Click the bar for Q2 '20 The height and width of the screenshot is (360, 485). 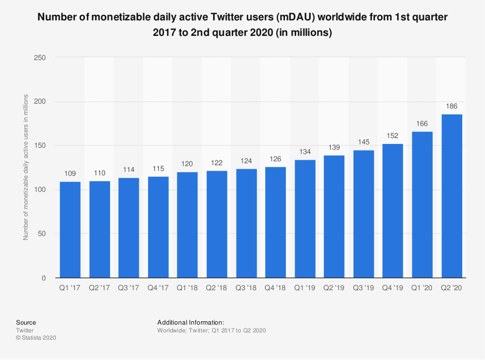pos(451,196)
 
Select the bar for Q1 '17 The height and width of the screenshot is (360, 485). pos(70,229)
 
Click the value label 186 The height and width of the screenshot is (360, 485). pos(451,106)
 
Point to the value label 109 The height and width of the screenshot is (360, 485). pos(70,174)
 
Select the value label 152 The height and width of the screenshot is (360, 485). pos(393,136)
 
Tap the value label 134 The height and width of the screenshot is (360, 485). pos(305,152)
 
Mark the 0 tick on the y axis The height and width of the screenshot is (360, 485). pos(44,278)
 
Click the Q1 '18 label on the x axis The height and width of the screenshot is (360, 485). pos(187,289)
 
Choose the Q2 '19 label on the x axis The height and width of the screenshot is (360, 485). pos(334,289)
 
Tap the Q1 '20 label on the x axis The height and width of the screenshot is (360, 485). pos(422,289)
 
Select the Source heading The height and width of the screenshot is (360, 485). pos(26,322)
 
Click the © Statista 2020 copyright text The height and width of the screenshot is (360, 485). pos(36,338)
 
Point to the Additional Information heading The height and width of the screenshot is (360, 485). pos(194,322)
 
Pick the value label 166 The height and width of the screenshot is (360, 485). pos(422,124)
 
